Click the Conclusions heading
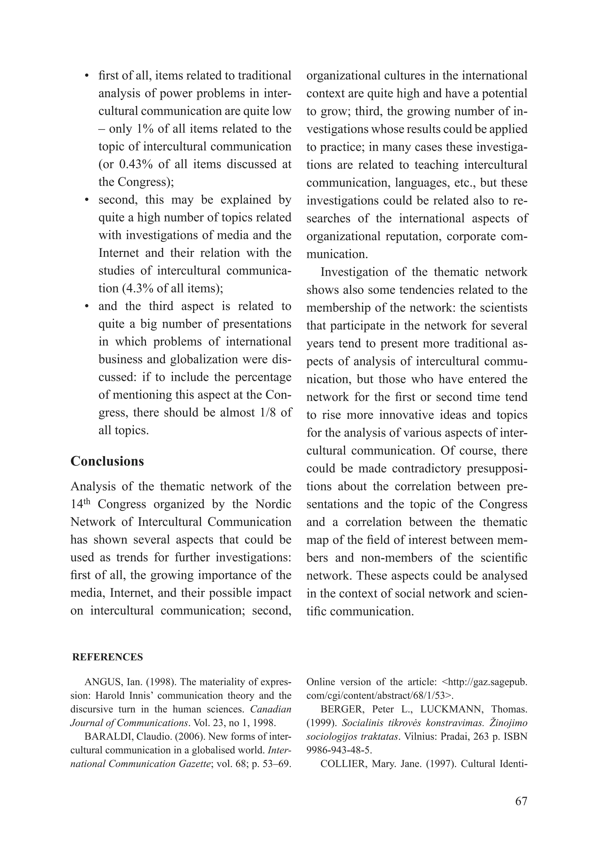[107, 461]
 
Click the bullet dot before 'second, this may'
[87, 200]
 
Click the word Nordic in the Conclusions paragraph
[273, 504]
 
